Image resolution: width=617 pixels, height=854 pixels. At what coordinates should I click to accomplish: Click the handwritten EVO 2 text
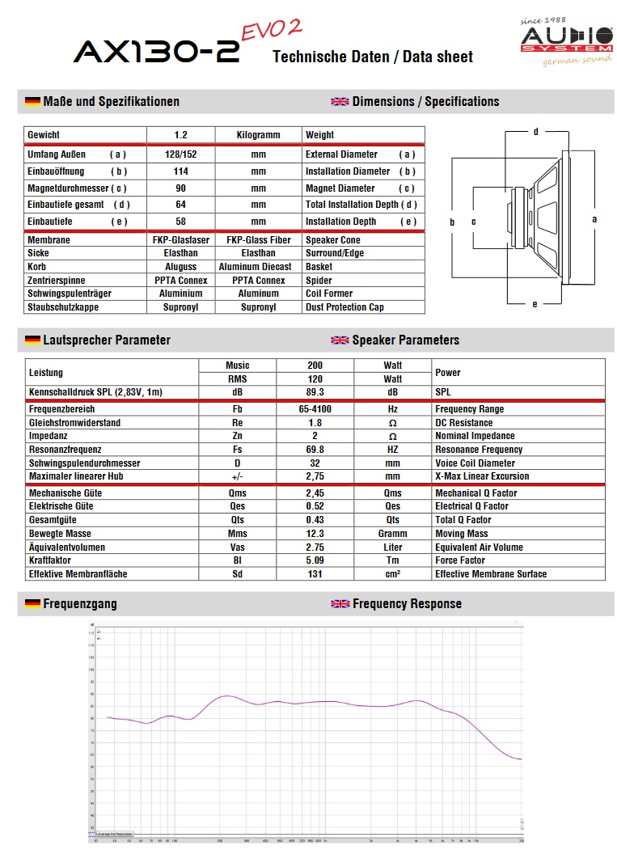tap(272, 30)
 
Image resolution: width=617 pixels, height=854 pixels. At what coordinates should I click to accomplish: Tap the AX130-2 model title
tap(156, 53)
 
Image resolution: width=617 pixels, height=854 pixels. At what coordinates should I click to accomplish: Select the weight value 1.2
tap(180, 135)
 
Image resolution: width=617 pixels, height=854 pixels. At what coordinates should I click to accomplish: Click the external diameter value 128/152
tap(180, 154)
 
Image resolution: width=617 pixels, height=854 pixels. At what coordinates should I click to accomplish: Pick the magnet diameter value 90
tap(180, 188)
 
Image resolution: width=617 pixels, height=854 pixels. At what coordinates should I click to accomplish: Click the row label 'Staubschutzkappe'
tap(64, 307)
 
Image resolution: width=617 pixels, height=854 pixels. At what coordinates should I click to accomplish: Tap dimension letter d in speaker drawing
tap(535, 131)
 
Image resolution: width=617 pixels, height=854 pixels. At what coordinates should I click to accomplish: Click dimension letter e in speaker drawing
tap(535, 304)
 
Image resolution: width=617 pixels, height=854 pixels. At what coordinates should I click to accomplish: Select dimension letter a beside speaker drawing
tap(594, 218)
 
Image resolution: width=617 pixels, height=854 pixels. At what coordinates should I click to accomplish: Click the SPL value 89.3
tap(315, 392)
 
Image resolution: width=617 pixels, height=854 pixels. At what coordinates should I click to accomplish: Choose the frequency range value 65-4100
tap(315, 409)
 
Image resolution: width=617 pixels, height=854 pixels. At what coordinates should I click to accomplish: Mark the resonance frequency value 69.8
tap(315, 450)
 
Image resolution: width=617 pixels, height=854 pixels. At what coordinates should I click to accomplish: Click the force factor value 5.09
tap(315, 560)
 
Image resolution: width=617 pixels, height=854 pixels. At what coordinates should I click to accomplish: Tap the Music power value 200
tap(315, 366)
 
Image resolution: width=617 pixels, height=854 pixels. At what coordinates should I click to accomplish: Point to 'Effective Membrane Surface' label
tap(491, 574)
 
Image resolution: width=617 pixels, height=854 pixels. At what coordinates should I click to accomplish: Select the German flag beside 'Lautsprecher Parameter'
tap(32, 340)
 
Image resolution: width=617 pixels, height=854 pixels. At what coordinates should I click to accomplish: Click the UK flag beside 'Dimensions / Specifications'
tap(340, 102)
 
